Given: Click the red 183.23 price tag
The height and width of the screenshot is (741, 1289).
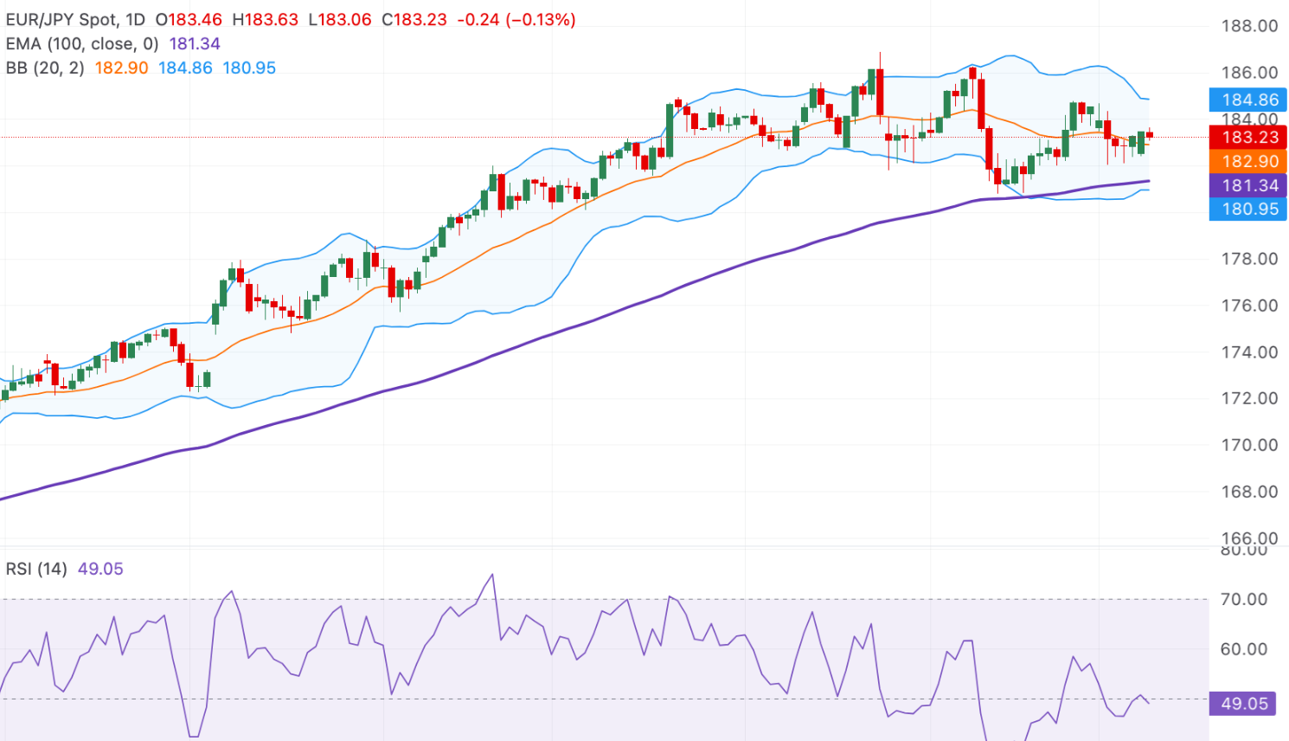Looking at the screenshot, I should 1248,137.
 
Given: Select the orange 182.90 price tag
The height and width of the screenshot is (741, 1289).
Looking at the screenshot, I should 1248,161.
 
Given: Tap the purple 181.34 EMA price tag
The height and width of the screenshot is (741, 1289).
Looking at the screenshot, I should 1248,185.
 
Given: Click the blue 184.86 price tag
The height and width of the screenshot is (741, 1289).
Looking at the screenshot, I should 1248,100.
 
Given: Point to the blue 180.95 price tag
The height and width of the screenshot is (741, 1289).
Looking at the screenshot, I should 1248,209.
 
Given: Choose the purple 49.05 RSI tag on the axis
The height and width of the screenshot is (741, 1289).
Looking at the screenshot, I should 1244,704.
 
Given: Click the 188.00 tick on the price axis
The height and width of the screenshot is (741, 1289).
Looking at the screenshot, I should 1249,26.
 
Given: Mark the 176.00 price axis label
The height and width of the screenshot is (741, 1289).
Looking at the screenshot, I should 1249,306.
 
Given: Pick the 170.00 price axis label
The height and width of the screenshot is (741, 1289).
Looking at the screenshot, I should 1249,445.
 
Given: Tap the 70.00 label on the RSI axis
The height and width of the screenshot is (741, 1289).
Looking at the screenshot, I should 1243,599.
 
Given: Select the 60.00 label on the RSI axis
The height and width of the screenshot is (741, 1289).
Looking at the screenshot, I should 1243,649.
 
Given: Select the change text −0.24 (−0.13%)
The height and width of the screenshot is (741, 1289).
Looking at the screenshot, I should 516,19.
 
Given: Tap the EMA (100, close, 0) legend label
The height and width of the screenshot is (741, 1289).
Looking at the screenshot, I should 82,43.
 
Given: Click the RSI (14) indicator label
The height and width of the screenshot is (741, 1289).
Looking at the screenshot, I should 36,569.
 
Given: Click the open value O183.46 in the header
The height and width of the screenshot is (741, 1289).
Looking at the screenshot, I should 189,19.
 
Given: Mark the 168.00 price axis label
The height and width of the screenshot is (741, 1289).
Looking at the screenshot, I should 1249,492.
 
